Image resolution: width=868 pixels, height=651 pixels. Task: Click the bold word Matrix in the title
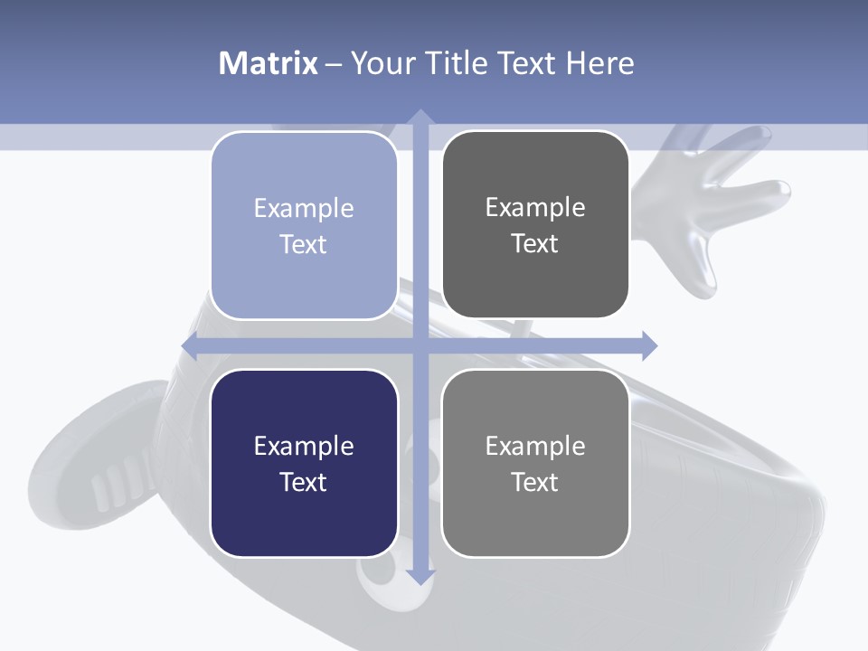(268, 63)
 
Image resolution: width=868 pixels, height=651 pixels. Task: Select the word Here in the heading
(599, 63)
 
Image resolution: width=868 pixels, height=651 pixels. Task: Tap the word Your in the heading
(382, 63)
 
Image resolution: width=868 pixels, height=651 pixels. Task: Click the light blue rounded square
(304, 225)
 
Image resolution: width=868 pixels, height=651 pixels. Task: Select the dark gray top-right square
(535, 225)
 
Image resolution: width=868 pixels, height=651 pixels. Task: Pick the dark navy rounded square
(304, 463)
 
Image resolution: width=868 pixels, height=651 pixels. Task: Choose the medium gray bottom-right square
(535, 463)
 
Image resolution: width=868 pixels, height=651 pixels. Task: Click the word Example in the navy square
(304, 446)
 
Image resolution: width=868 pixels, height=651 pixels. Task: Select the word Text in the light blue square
(304, 244)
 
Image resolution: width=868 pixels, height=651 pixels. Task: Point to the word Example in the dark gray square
(535, 207)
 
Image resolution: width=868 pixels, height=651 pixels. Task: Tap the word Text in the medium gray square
(535, 482)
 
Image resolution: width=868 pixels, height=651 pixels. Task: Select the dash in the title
(334, 64)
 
